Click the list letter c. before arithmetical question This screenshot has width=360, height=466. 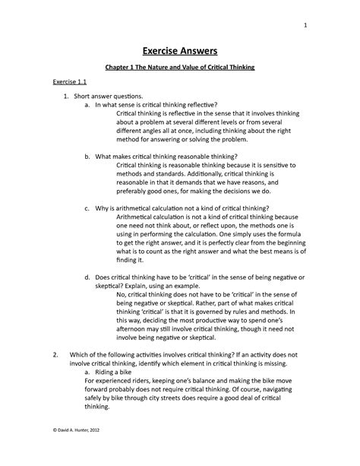tap(88, 208)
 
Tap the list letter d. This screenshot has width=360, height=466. tap(88, 279)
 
